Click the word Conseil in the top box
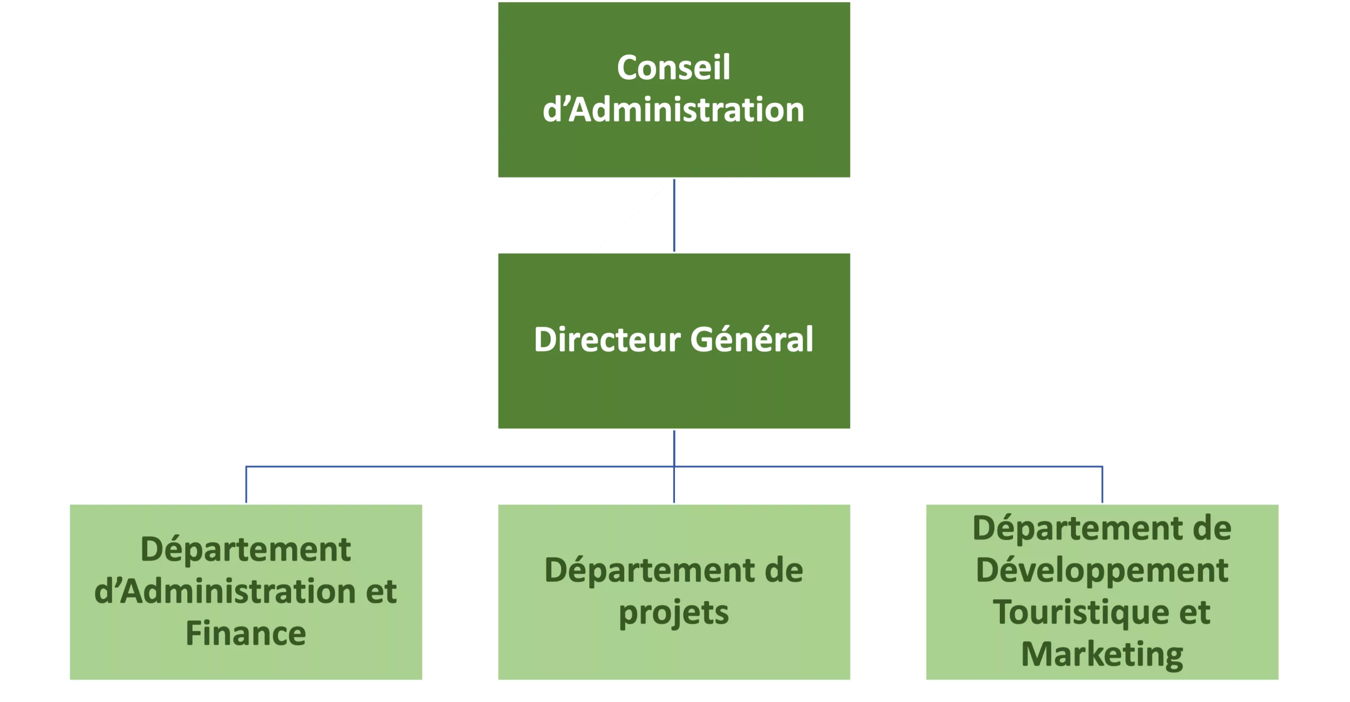point(673,68)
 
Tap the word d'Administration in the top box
point(673,110)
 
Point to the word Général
point(752,340)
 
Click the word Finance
point(246,633)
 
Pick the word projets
point(673,613)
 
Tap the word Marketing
point(1102,655)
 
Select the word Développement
point(1102,571)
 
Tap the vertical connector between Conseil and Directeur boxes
point(674,216)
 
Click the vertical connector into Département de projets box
point(674,485)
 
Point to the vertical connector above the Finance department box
point(247,485)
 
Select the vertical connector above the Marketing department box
point(1103,485)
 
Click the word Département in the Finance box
point(246,550)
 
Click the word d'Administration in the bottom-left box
point(224,592)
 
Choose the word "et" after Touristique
point(1193,612)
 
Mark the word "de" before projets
point(779,571)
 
